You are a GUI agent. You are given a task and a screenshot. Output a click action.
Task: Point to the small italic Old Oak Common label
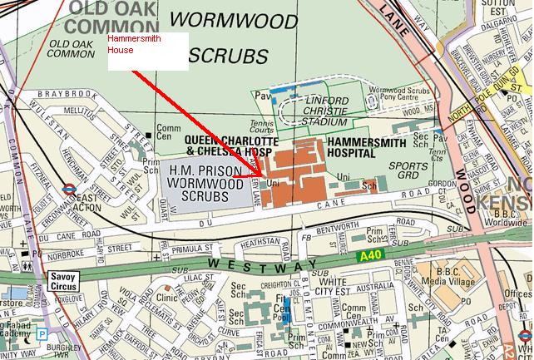pos(72,47)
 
